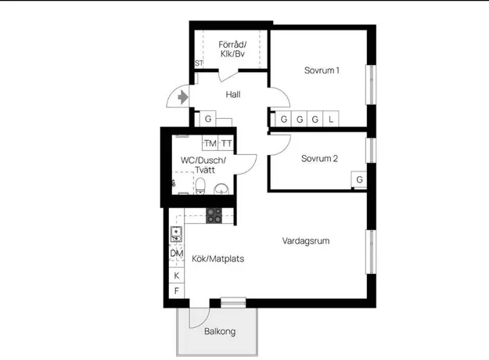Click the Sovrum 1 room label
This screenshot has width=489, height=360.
322,70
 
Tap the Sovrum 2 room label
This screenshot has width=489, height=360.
319,159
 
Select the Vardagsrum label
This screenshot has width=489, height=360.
306,241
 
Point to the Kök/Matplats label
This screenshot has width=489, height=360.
218,258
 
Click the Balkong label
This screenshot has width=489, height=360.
220,331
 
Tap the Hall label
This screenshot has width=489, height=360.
233,95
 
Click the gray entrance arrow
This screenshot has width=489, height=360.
183,98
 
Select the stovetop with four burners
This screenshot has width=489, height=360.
214,215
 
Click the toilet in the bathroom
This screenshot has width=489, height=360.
200,186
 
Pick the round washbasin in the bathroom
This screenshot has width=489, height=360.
221,189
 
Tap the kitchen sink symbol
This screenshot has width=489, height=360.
176,234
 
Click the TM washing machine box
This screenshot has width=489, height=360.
210,143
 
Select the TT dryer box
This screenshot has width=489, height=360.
226,143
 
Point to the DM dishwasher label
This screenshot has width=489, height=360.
177,254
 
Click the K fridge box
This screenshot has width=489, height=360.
177,275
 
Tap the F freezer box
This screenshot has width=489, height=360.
177,291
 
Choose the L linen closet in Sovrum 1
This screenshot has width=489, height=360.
331,119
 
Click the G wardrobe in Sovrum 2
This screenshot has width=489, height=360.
359,179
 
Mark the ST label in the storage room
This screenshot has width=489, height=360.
199,63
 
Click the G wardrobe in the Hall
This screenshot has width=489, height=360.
207,119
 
